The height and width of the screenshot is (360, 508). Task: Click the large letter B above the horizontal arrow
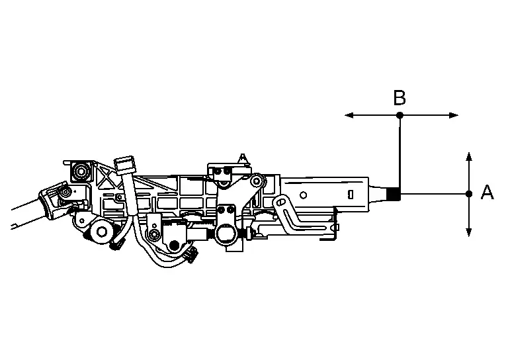pyautogui.click(x=400, y=98)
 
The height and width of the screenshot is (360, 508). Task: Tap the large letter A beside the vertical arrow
pyautogui.click(x=487, y=192)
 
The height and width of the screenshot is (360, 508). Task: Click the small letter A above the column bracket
pyautogui.click(x=242, y=158)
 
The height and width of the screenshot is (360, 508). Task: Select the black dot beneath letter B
pyautogui.click(x=400, y=115)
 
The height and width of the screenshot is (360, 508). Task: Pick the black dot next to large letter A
pyautogui.click(x=469, y=194)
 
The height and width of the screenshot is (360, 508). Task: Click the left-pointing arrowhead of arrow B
pyautogui.click(x=349, y=115)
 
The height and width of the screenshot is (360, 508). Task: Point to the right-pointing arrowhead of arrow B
pyautogui.click(x=454, y=115)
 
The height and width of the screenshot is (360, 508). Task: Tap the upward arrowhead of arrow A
pyautogui.click(x=469, y=156)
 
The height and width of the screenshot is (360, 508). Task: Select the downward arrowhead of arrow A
pyautogui.click(x=469, y=232)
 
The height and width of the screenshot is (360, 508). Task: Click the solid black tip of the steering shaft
pyautogui.click(x=394, y=194)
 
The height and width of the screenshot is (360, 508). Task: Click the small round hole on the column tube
pyautogui.click(x=303, y=195)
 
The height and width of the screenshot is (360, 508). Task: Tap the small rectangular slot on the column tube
pyautogui.click(x=351, y=195)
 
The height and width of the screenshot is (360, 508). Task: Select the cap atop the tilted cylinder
pyautogui.click(x=125, y=164)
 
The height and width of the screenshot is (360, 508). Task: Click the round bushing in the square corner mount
pyautogui.click(x=80, y=171)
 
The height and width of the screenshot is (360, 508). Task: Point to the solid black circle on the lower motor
pyautogui.click(x=175, y=246)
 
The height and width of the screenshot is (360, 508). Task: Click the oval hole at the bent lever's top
pyautogui.click(x=280, y=202)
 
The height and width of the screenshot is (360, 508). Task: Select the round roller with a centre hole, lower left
pyautogui.click(x=102, y=232)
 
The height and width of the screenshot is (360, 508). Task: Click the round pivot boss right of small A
pyautogui.click(x=257, y=181)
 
